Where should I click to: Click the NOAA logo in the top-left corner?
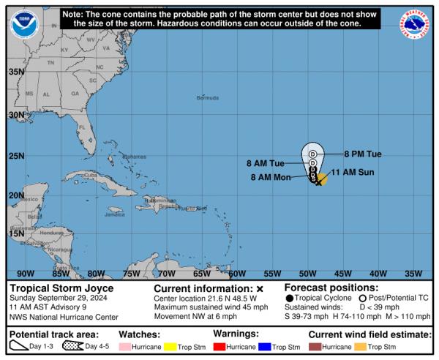pos(25,25)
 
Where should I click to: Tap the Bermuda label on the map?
pos(208,97)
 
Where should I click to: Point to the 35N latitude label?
pos(16,72)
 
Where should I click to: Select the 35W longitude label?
pos(413,274)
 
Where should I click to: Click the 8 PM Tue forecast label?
pos(363,154)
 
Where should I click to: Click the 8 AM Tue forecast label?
pos(266,164)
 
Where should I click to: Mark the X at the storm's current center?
pos(318,182)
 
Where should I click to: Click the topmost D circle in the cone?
pos(312,154)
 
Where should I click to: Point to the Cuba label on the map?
pos(91,176)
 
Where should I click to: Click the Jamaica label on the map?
pos(115,214)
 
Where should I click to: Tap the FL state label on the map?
pos(82,128)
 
